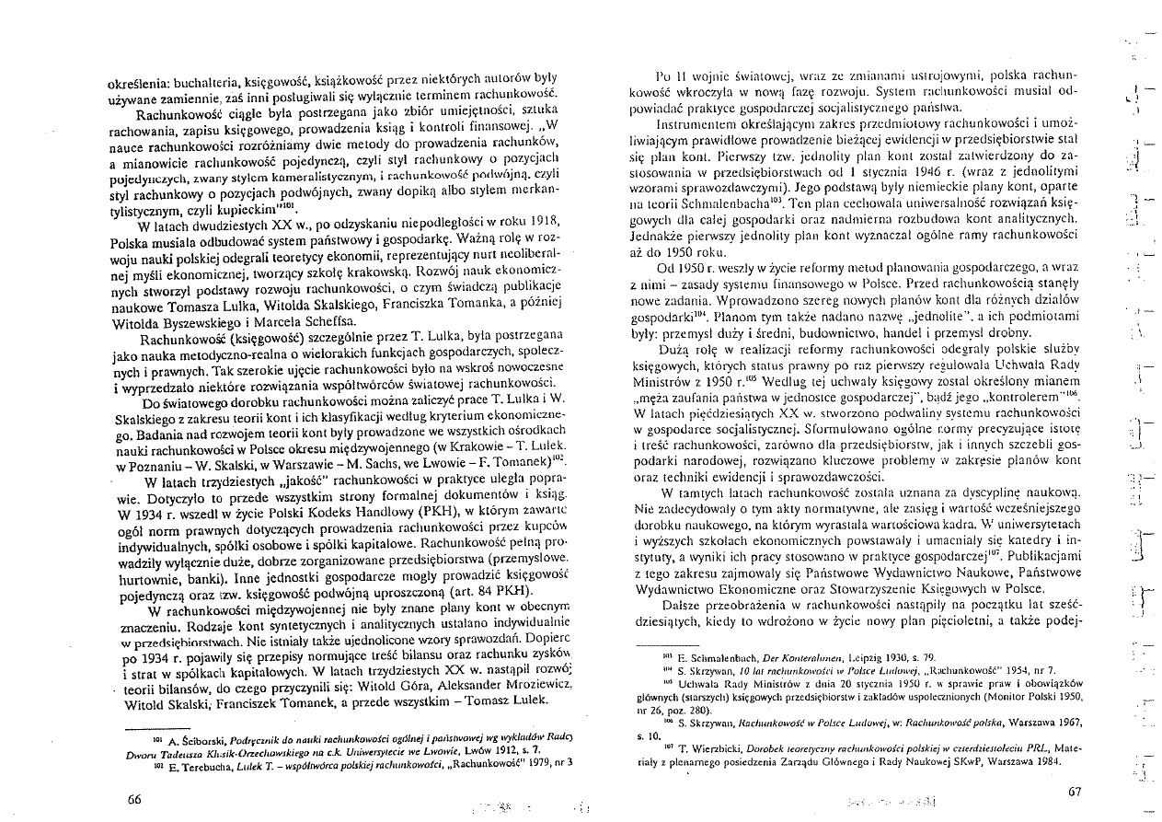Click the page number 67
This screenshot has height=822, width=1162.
[1075, 792]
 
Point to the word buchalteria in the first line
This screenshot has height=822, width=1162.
[213, 79]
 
